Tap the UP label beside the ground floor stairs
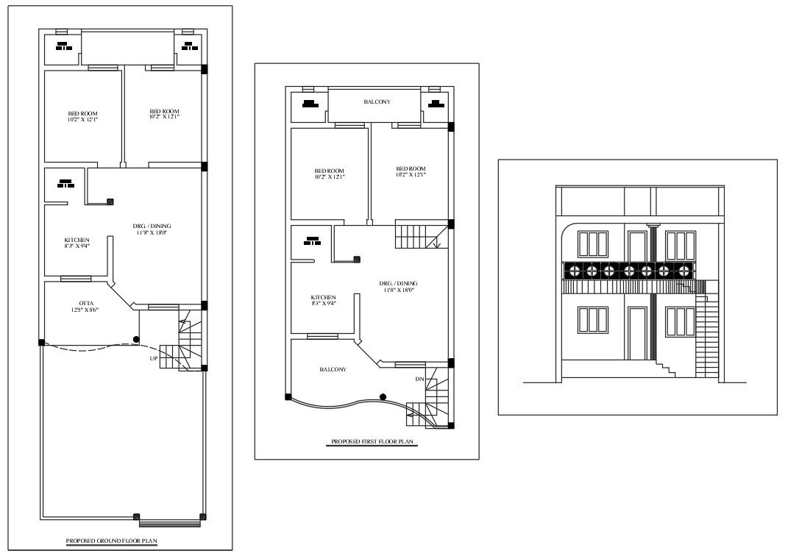(154, 358)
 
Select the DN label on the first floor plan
(419, 379)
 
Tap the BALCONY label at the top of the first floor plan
(377, 102)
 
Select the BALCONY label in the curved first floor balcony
(333, 369)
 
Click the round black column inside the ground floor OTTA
(135, 339)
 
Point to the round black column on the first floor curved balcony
(383, 396)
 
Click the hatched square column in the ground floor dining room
(110, 201)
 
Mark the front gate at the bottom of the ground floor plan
(170, 523)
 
